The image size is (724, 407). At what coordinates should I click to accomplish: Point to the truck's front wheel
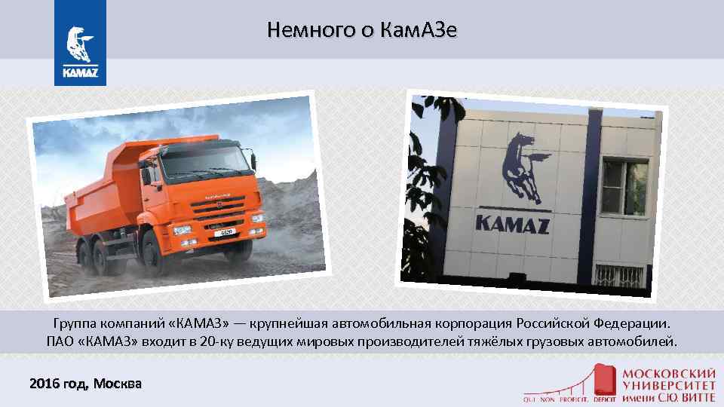coord(155,252)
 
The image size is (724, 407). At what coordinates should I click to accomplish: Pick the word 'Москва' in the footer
coord(118,384)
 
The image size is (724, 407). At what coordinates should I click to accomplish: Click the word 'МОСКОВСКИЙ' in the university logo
coord(668,373)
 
